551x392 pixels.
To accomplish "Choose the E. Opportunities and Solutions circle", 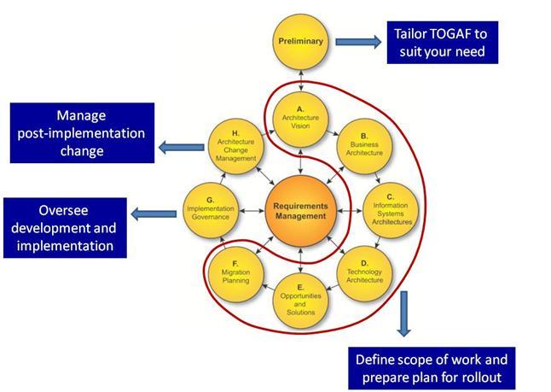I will [301, 300].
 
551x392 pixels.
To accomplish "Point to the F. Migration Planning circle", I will [236, 272].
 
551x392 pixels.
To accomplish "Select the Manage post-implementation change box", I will [82, 132].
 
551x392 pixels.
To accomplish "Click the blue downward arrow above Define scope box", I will [403, 314].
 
